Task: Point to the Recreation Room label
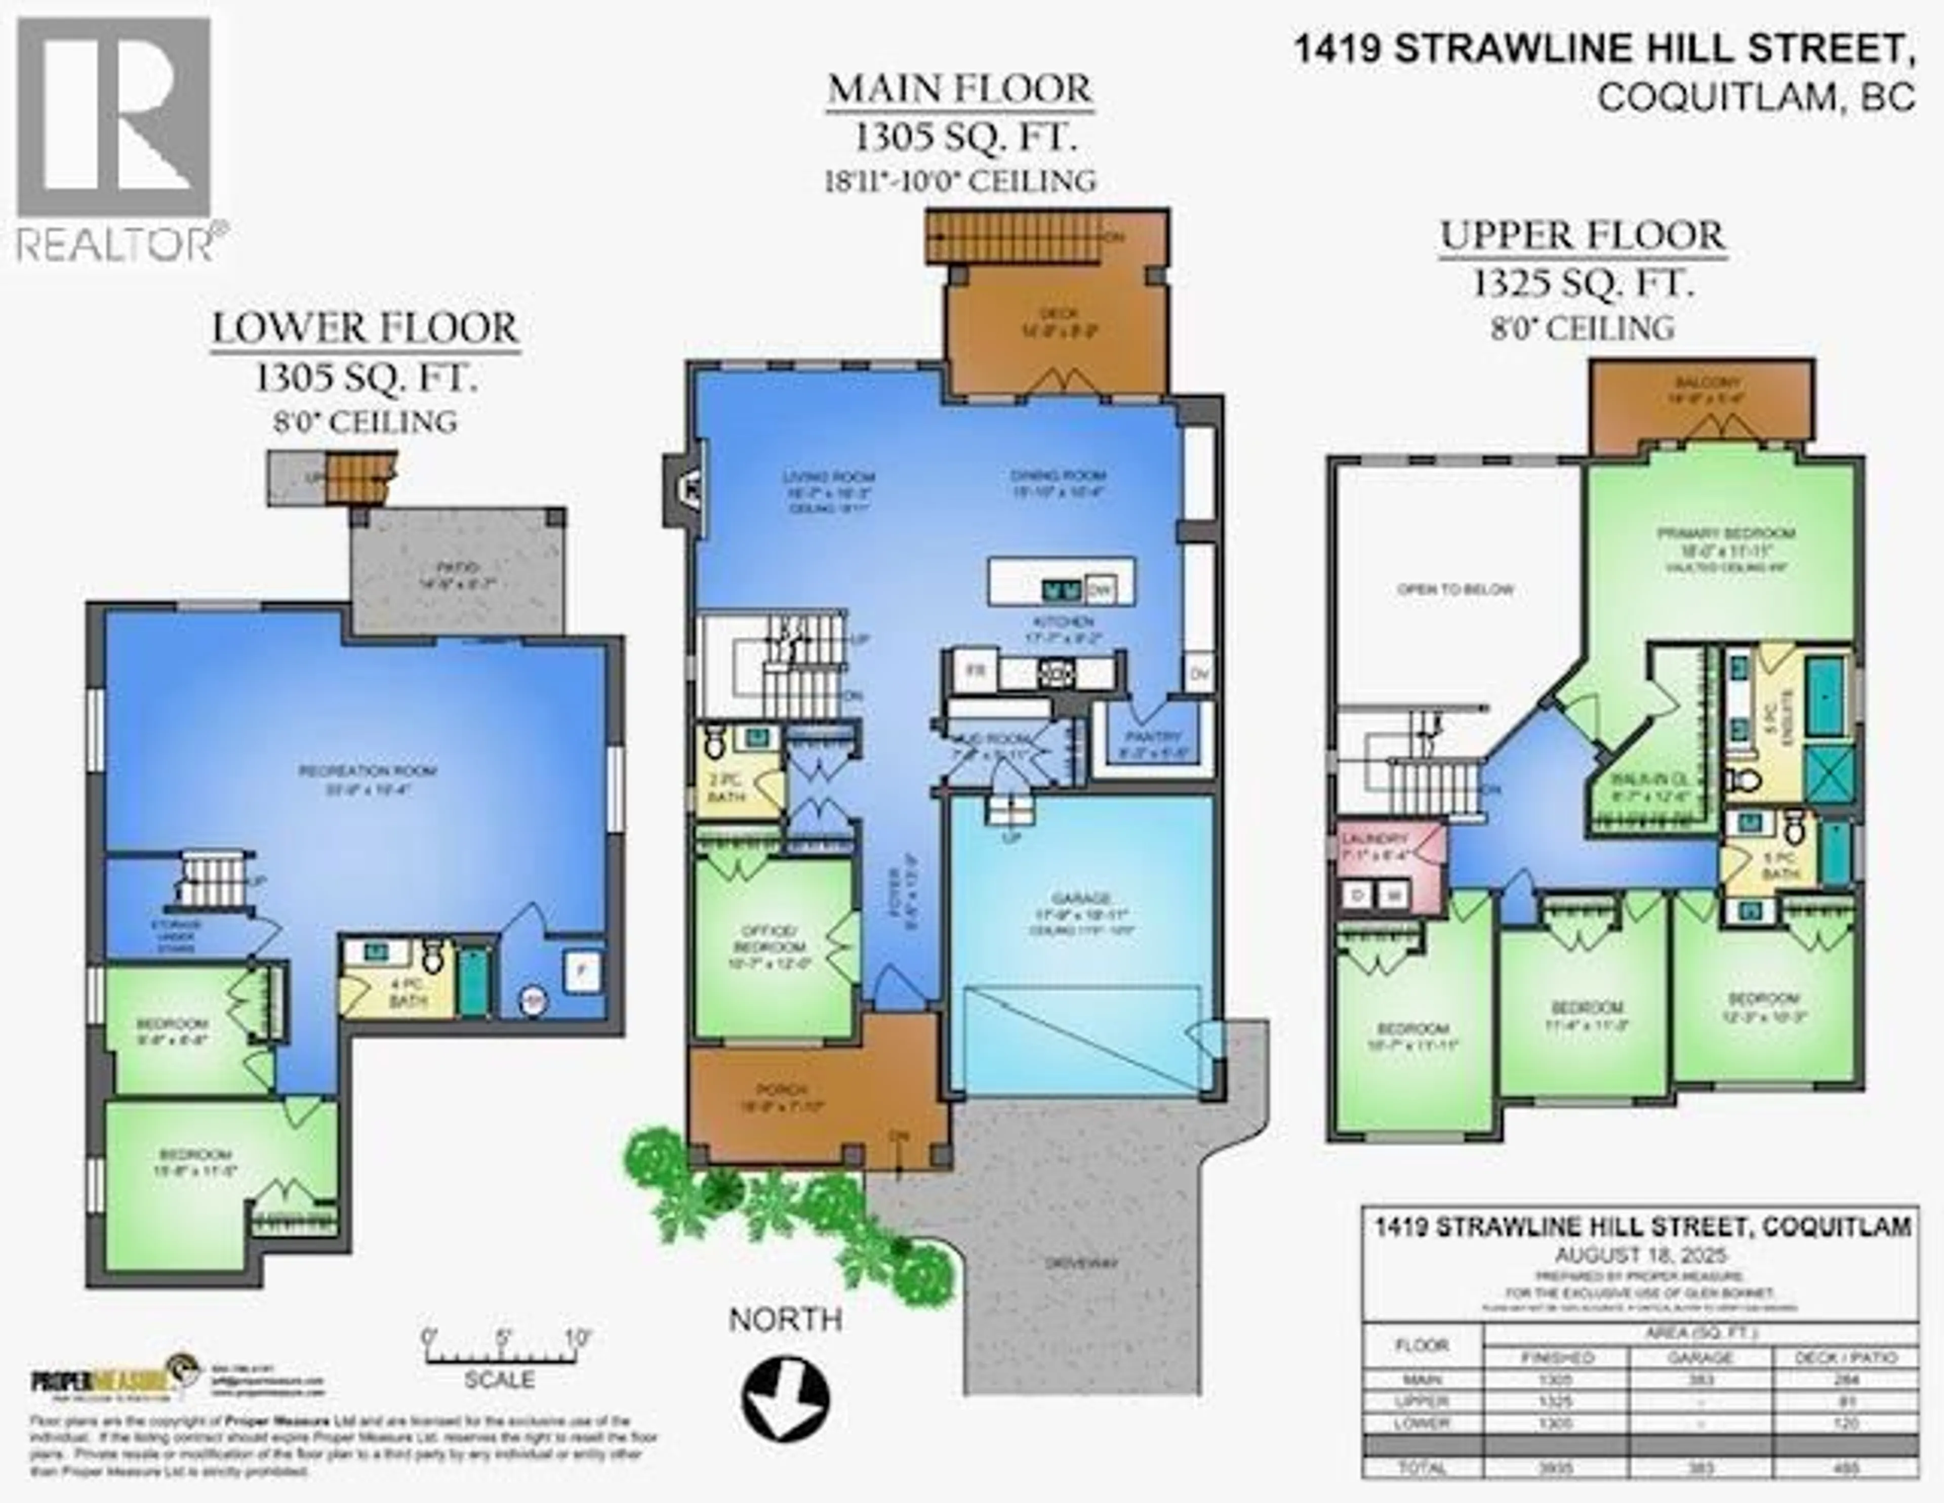(x=368, y=771)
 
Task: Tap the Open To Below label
(x=1455, y=589)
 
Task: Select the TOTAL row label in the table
(x=1423, y=1468)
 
